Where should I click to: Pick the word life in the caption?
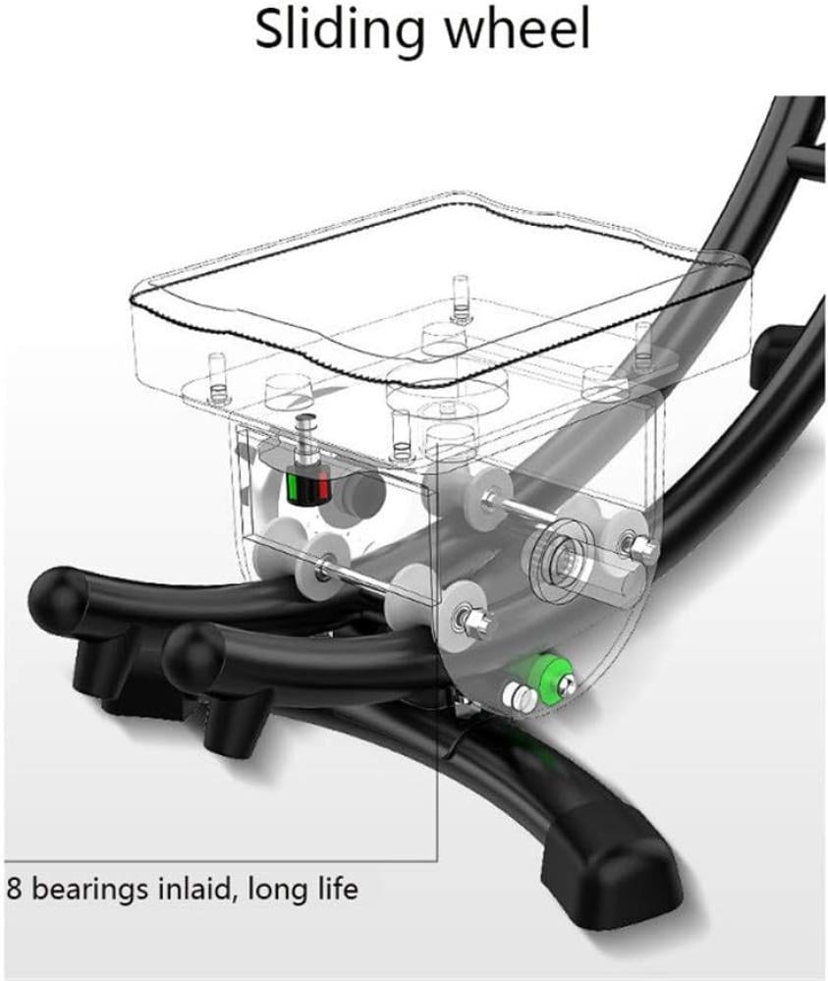tap(336, 888)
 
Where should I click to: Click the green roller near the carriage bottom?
tap(548, 678)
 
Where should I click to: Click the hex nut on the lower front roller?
tap(477, 621)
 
